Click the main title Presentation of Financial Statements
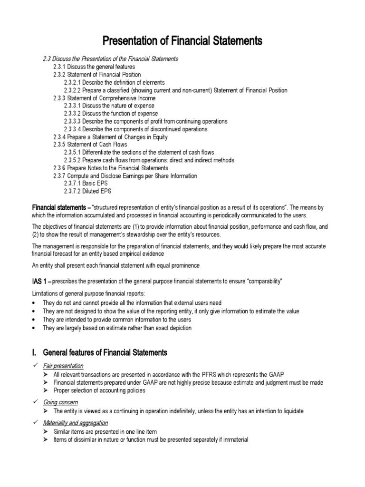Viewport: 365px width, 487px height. [x=183, y=41]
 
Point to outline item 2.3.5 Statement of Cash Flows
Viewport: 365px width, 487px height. [x=90, y=145]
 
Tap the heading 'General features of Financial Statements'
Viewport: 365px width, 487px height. [x=105, y=352]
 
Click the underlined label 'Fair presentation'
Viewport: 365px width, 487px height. [x=63, y=366]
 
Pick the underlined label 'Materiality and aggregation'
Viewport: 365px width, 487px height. [x=75, y=422]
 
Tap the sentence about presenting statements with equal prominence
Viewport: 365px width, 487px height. [x=115, y=265]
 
